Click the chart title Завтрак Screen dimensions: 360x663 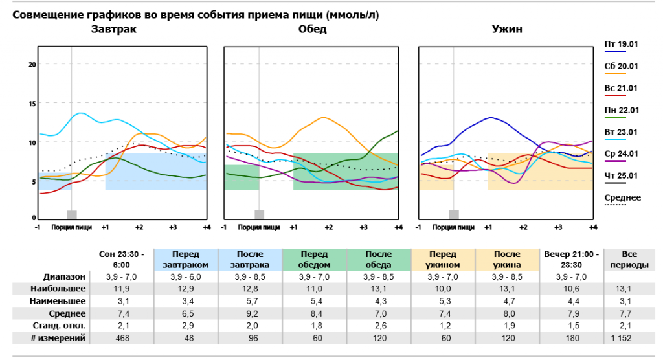point(114,29)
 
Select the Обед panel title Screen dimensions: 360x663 point(312,29)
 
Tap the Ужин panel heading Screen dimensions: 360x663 point(507,29)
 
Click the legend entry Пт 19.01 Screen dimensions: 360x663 point(621,44)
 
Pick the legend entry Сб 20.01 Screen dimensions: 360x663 point(621,66)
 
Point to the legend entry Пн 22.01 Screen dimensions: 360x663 point(621,110)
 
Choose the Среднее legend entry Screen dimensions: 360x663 point(622,197)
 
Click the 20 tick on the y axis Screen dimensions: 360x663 point(32,64)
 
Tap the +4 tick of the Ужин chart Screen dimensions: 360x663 point(592,227)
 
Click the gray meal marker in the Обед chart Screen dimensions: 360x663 point(259,214)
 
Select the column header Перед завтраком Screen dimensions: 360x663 point(186,259)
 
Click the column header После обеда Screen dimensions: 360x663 point(378,259)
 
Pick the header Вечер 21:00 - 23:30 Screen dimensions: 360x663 point(571,259)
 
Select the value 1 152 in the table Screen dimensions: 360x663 point(620,338)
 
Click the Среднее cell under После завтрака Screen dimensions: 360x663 point(250,313)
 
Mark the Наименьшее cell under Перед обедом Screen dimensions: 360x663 point(314,301)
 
